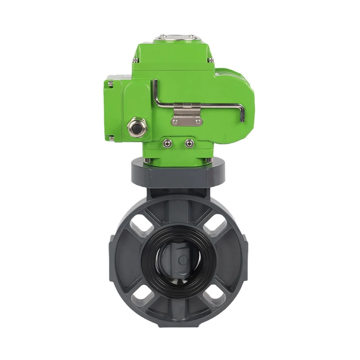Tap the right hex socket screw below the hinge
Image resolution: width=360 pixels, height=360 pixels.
click(188, 144)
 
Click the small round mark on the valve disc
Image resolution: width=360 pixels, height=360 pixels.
click(182, 261)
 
